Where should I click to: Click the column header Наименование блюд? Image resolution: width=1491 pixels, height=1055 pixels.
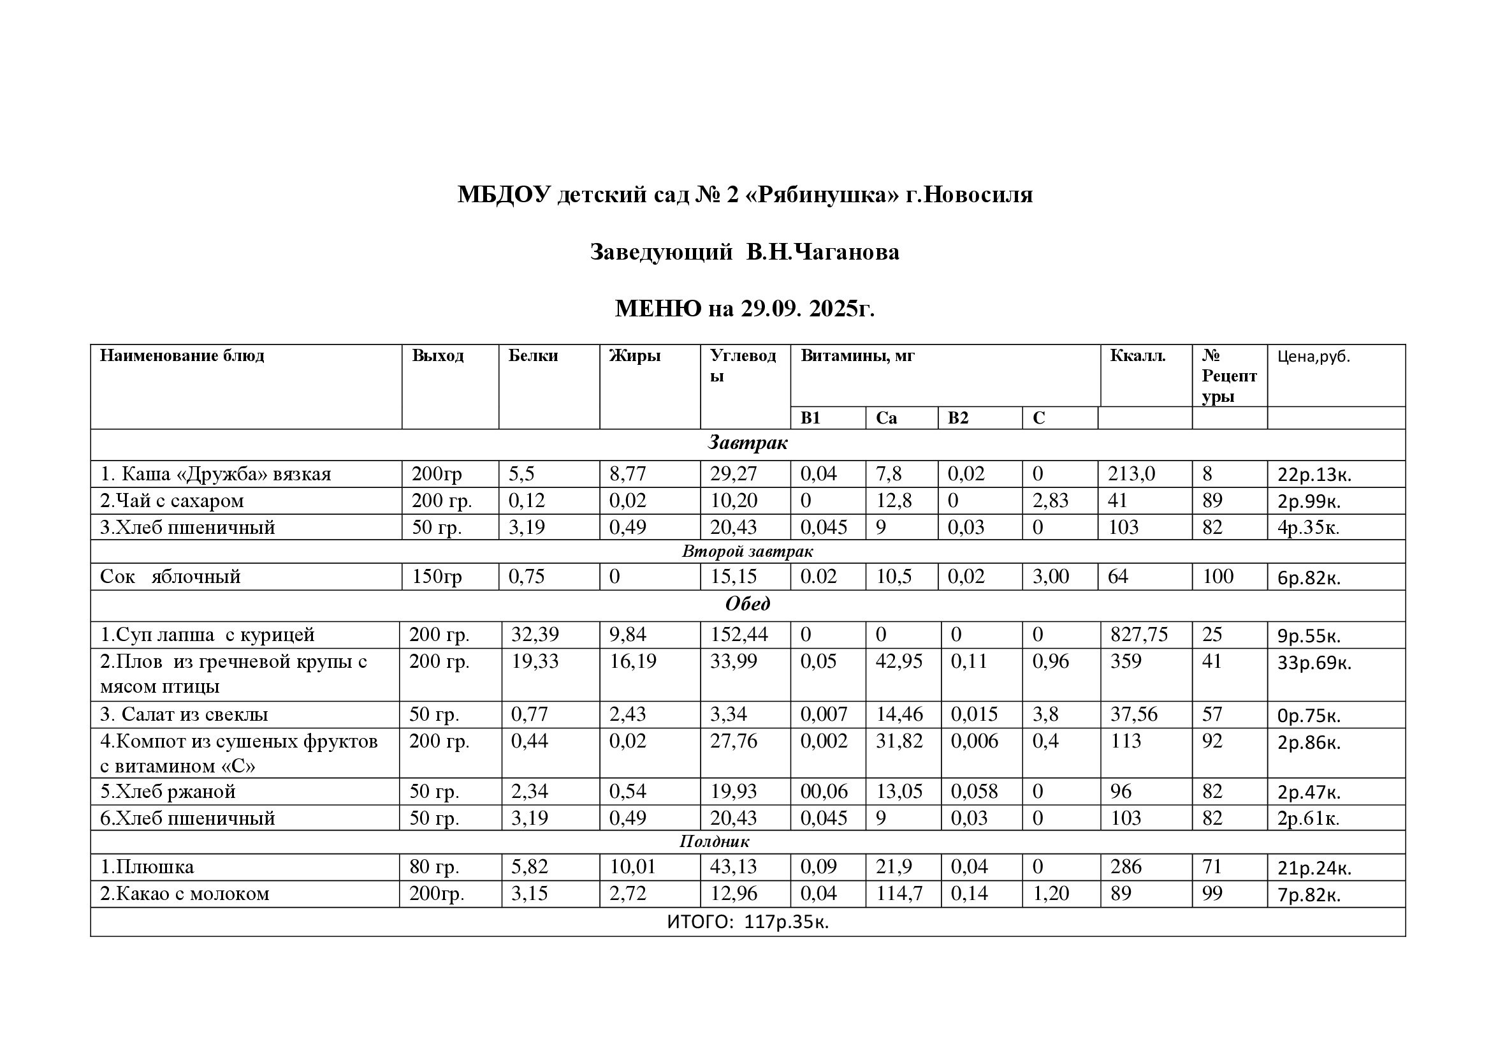(x=182, y=356)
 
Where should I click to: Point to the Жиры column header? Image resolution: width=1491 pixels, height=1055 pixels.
(x=634, y=356)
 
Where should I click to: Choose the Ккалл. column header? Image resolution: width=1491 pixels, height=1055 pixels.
(x=1138, y=356)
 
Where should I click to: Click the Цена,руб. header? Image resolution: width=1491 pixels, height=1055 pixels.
(x=1313, y=357)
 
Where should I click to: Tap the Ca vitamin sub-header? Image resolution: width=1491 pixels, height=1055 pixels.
(x=886, y=418)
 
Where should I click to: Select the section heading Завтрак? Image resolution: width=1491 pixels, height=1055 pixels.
(x=748, y=444)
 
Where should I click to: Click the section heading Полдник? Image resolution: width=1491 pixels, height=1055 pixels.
(x=715, y=841)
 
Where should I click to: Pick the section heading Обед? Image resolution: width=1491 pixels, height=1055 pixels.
(x=748, y=604)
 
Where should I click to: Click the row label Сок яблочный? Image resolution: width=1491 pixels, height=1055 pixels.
(x=170, y=577)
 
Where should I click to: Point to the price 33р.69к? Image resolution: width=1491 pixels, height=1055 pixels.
(x=1314, y=663)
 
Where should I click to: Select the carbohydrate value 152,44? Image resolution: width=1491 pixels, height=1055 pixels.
(x=739, y=635)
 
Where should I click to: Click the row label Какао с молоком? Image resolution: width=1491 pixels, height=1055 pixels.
(x=184, y=894)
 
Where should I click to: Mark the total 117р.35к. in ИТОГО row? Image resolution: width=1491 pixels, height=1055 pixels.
(x=786, y=922)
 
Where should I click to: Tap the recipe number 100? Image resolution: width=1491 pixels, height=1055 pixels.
(x=1218, y=577)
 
